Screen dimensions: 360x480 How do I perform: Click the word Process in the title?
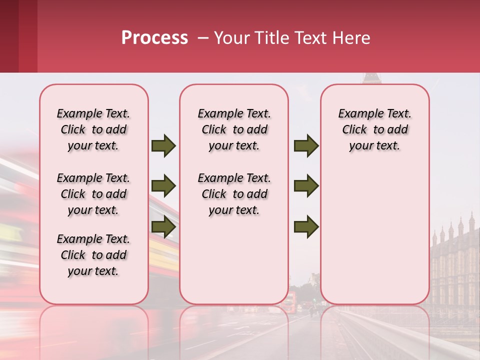pyautogui.click(x=154, y=38)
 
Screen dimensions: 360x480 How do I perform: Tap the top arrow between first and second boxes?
pyautogui.click(x=163, y=146)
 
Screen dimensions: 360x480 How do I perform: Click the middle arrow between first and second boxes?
pyautogui.click(x=163, y=186)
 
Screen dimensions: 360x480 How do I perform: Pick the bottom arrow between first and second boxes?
pyautogui.click(x=163, y=226)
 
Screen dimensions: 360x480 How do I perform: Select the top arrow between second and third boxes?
pyautogui.click(x=306, y=146)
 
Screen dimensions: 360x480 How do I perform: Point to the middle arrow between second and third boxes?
pyautogui.click(x=306, y=186)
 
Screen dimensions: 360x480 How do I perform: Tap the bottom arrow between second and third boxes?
pyautogui.click(x=306, y=226)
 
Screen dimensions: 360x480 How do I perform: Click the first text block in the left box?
pyautogui.click(x=93, y=129)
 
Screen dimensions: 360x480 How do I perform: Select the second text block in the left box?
pyautogui.click(x=93, y=194)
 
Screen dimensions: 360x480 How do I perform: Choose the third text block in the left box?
pyautogui.click(x=93, y=255)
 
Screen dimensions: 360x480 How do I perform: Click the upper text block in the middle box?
pyautogui.click(x=234, y=129)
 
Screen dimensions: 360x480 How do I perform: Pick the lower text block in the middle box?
pyautogui.click(x=234, y=194)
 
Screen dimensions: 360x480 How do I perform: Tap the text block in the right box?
pyautogui.click(x=374, y=129)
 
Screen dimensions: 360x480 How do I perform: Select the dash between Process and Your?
pyautogui.click(x=203, y=38)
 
